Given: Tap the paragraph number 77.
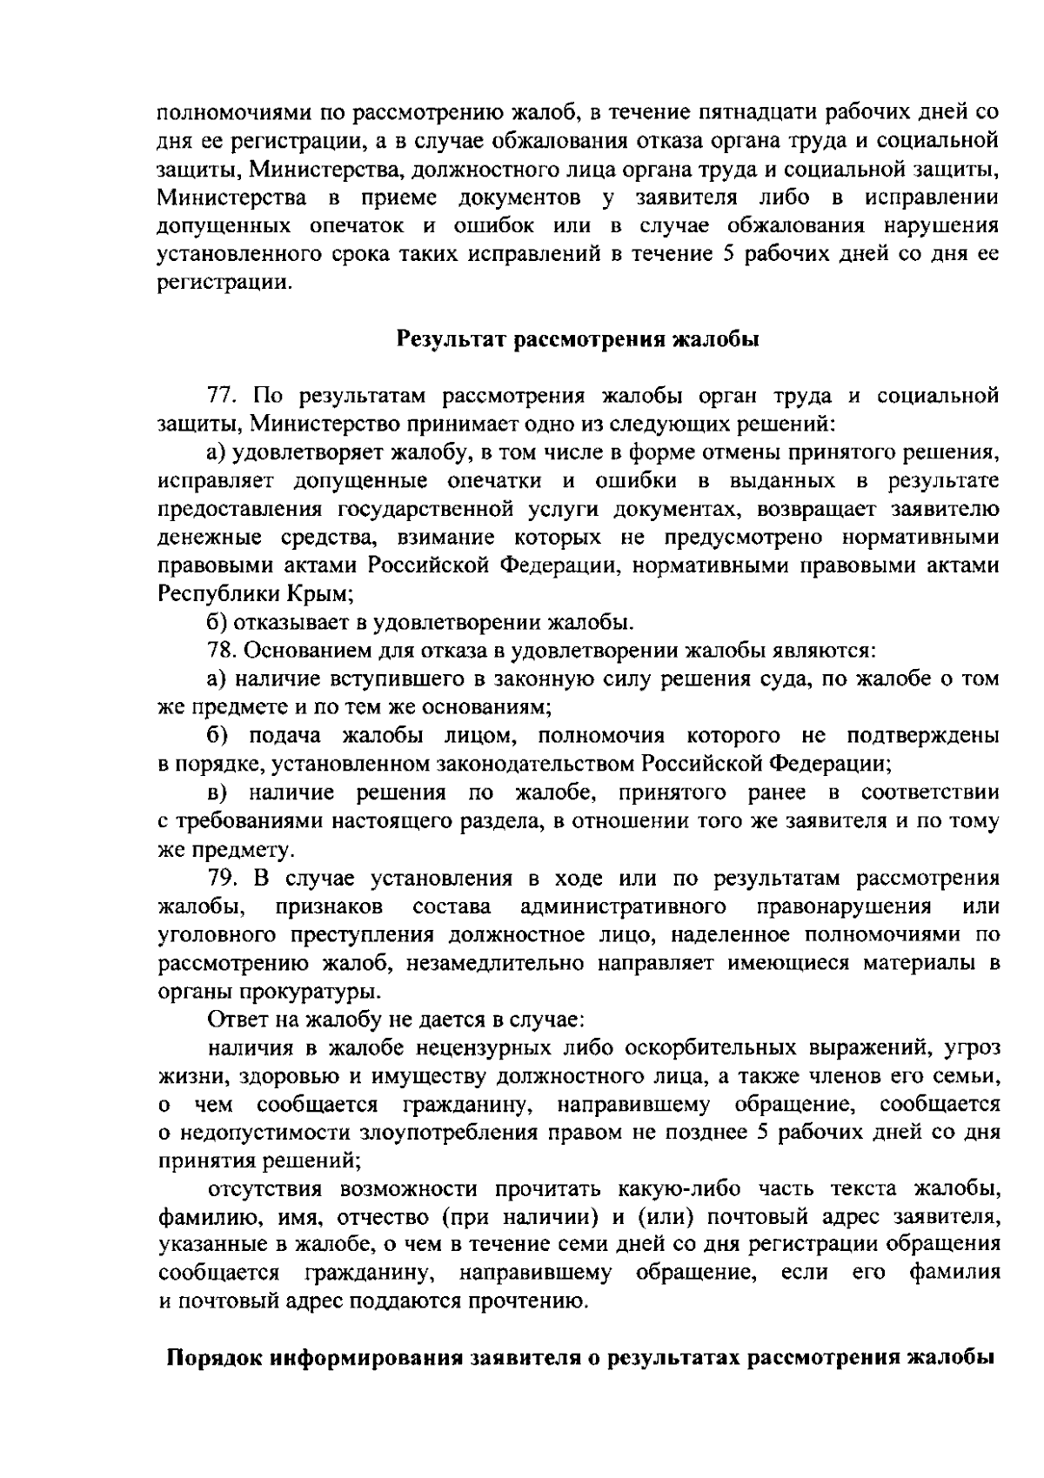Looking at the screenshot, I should [x=223, y=397].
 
